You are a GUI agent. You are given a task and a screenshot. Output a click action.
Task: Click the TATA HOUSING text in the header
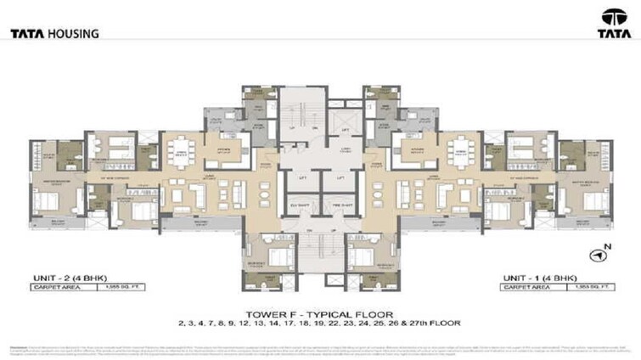pos(54,34)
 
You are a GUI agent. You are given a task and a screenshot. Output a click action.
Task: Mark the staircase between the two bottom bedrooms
pos(320,255)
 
